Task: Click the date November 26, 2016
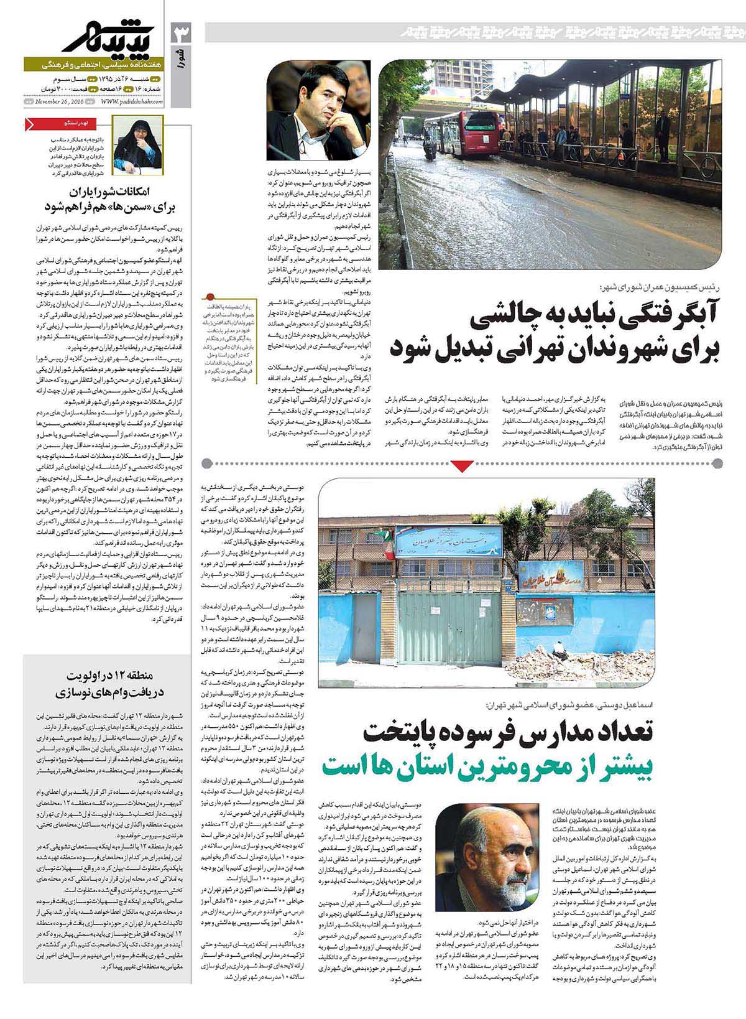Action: click(x=59, y=101)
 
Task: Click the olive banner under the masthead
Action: click(x=93, y=64)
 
